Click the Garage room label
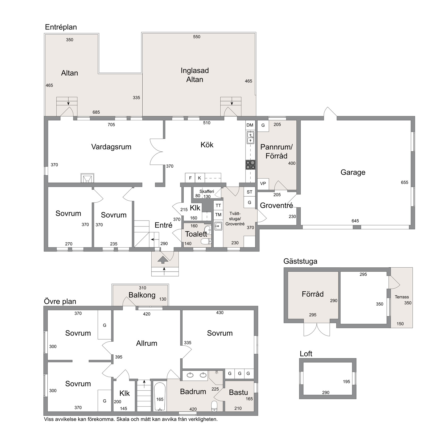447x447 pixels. (x=353, y=172)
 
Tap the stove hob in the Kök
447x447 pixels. (x=250, y=165)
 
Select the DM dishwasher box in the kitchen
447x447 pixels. (x=250, y=125)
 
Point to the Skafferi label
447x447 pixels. (x=207, y=191)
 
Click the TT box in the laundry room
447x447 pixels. (x=218, y=205)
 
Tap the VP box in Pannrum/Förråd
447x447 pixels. (x=263, y=184)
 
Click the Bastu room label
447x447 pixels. (x=238, y=392)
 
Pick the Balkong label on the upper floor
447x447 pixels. (x=142, y=295)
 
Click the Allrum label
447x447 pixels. (x=147, y=343)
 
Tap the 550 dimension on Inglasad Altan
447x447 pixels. (x=197, y=37)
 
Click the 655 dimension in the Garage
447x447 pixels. (x=404, y=182)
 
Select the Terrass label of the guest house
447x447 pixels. (x=402, y=297)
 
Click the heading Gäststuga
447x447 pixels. (x=300, y=261)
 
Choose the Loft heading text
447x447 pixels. (x=306, y=354)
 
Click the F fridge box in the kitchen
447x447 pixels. (x=190, y=178)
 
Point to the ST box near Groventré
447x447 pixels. (x=249, y=192)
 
